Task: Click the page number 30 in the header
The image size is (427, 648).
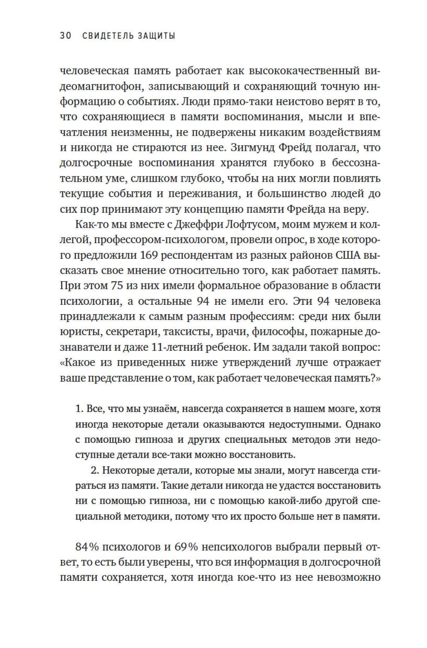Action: coord(66,36)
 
